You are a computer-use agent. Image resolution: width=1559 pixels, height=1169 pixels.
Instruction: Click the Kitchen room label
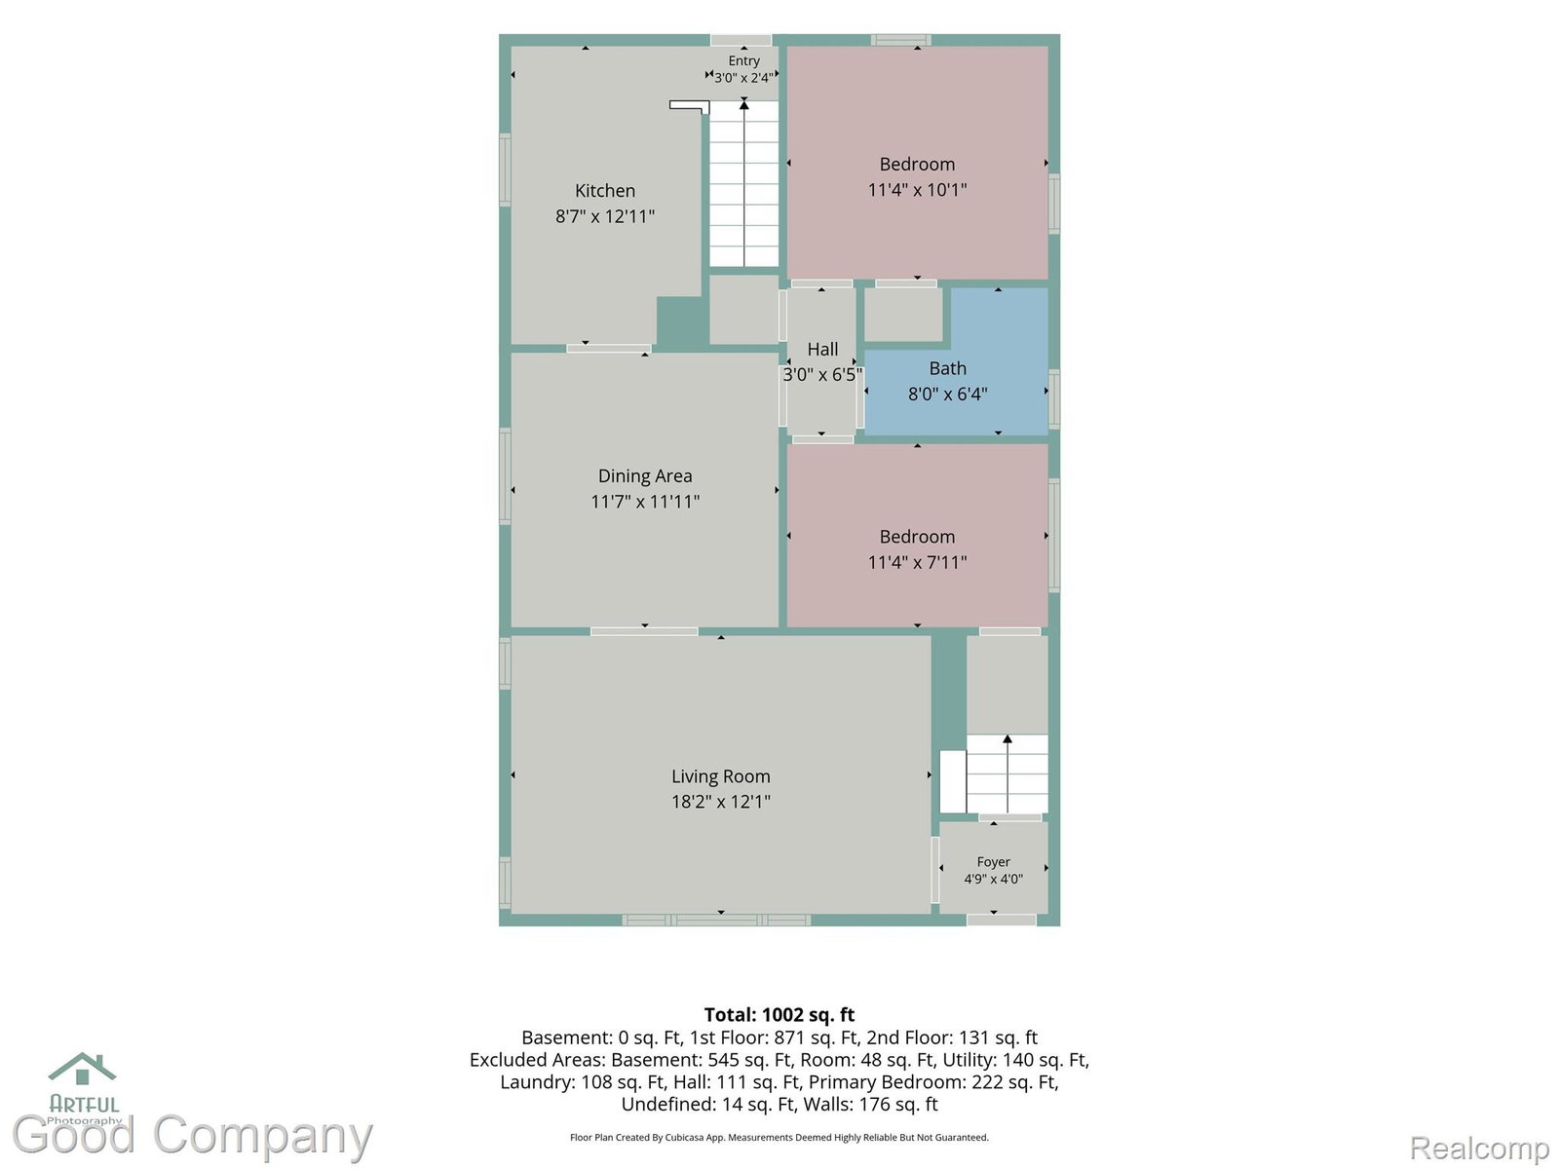point(604,190)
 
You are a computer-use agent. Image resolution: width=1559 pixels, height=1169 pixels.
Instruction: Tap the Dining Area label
point(644,475)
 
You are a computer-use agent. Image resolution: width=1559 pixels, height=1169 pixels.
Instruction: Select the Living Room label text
point(720,776)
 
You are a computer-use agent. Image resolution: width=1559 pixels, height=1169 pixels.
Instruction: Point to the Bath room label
point(947,368)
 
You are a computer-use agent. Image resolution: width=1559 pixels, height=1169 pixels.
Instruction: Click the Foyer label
point(993,862)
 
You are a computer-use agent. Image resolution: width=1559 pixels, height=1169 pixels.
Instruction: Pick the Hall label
point(822,349)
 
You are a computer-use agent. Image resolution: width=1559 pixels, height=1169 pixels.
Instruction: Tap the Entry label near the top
point(743,61)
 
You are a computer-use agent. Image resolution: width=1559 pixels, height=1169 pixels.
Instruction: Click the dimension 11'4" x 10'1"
point(917,190)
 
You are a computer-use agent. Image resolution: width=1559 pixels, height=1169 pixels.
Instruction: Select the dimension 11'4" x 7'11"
point(917,562)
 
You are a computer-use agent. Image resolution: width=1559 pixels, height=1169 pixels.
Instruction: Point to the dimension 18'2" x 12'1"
point(720,802)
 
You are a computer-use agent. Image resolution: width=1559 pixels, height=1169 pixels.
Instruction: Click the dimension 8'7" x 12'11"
point(604,215)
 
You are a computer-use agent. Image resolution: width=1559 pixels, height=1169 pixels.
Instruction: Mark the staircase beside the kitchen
point(743,184)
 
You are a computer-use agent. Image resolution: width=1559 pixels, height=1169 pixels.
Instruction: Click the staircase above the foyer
point(1007,773)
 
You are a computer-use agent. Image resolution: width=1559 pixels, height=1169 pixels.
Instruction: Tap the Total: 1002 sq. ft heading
point(779,1014)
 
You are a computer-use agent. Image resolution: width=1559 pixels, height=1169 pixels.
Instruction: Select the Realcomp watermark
point(1479,1147)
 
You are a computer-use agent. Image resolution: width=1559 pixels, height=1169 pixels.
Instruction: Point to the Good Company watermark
point(192,1134)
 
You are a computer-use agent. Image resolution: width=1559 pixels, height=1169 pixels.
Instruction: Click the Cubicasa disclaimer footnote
point(779,1137)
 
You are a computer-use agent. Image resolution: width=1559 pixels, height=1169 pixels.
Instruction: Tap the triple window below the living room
point(716,921)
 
